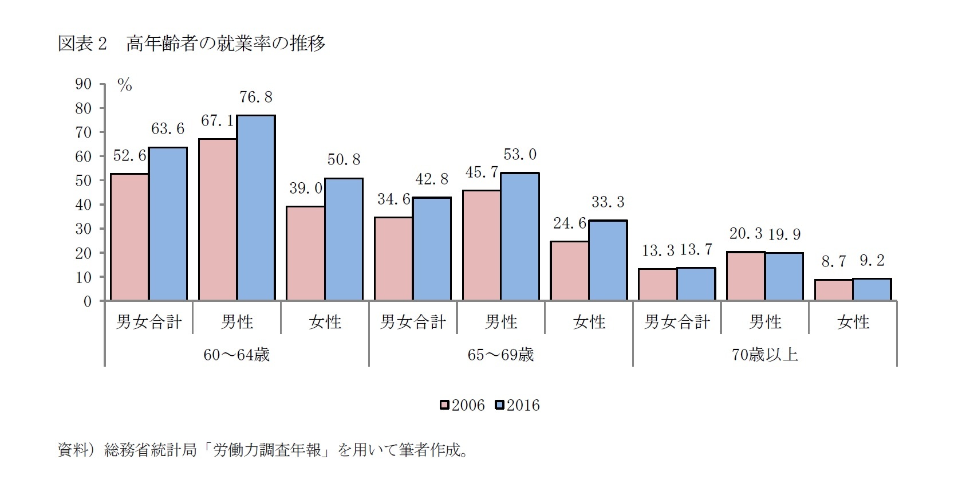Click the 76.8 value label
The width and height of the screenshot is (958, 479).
[x=255, y=98]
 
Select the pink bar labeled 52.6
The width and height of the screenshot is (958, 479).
[x=129, y=237]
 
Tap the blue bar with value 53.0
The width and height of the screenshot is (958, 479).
[x=519, y=236]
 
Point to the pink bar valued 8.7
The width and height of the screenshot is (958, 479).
[x=833, y=290]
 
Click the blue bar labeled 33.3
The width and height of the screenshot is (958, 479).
[x=608, y=260]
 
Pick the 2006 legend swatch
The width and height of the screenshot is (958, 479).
[x=444, y=406]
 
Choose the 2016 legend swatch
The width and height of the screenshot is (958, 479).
[x=499, y=406]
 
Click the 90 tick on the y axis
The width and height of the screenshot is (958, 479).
[x=83, y=84]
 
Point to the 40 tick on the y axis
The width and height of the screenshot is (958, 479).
[x=83, y=205]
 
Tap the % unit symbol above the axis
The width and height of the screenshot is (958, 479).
[x=124, y=86]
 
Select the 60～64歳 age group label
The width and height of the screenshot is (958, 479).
[x=236, y=355]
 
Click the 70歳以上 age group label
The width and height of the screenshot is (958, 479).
[x=765, y=355]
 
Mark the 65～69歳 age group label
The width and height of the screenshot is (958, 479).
[x=500, y=355]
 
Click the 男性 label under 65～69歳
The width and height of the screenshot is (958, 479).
[x=500, y=322]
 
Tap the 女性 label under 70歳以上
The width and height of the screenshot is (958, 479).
[x=853, y=322]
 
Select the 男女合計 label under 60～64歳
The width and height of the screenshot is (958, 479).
[x=149, y=322]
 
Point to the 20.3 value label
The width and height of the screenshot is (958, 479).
[x=746, y=234]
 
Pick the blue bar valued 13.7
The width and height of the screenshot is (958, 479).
[x=696, y=284]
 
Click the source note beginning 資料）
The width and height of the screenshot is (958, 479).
[x=263, y=450]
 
